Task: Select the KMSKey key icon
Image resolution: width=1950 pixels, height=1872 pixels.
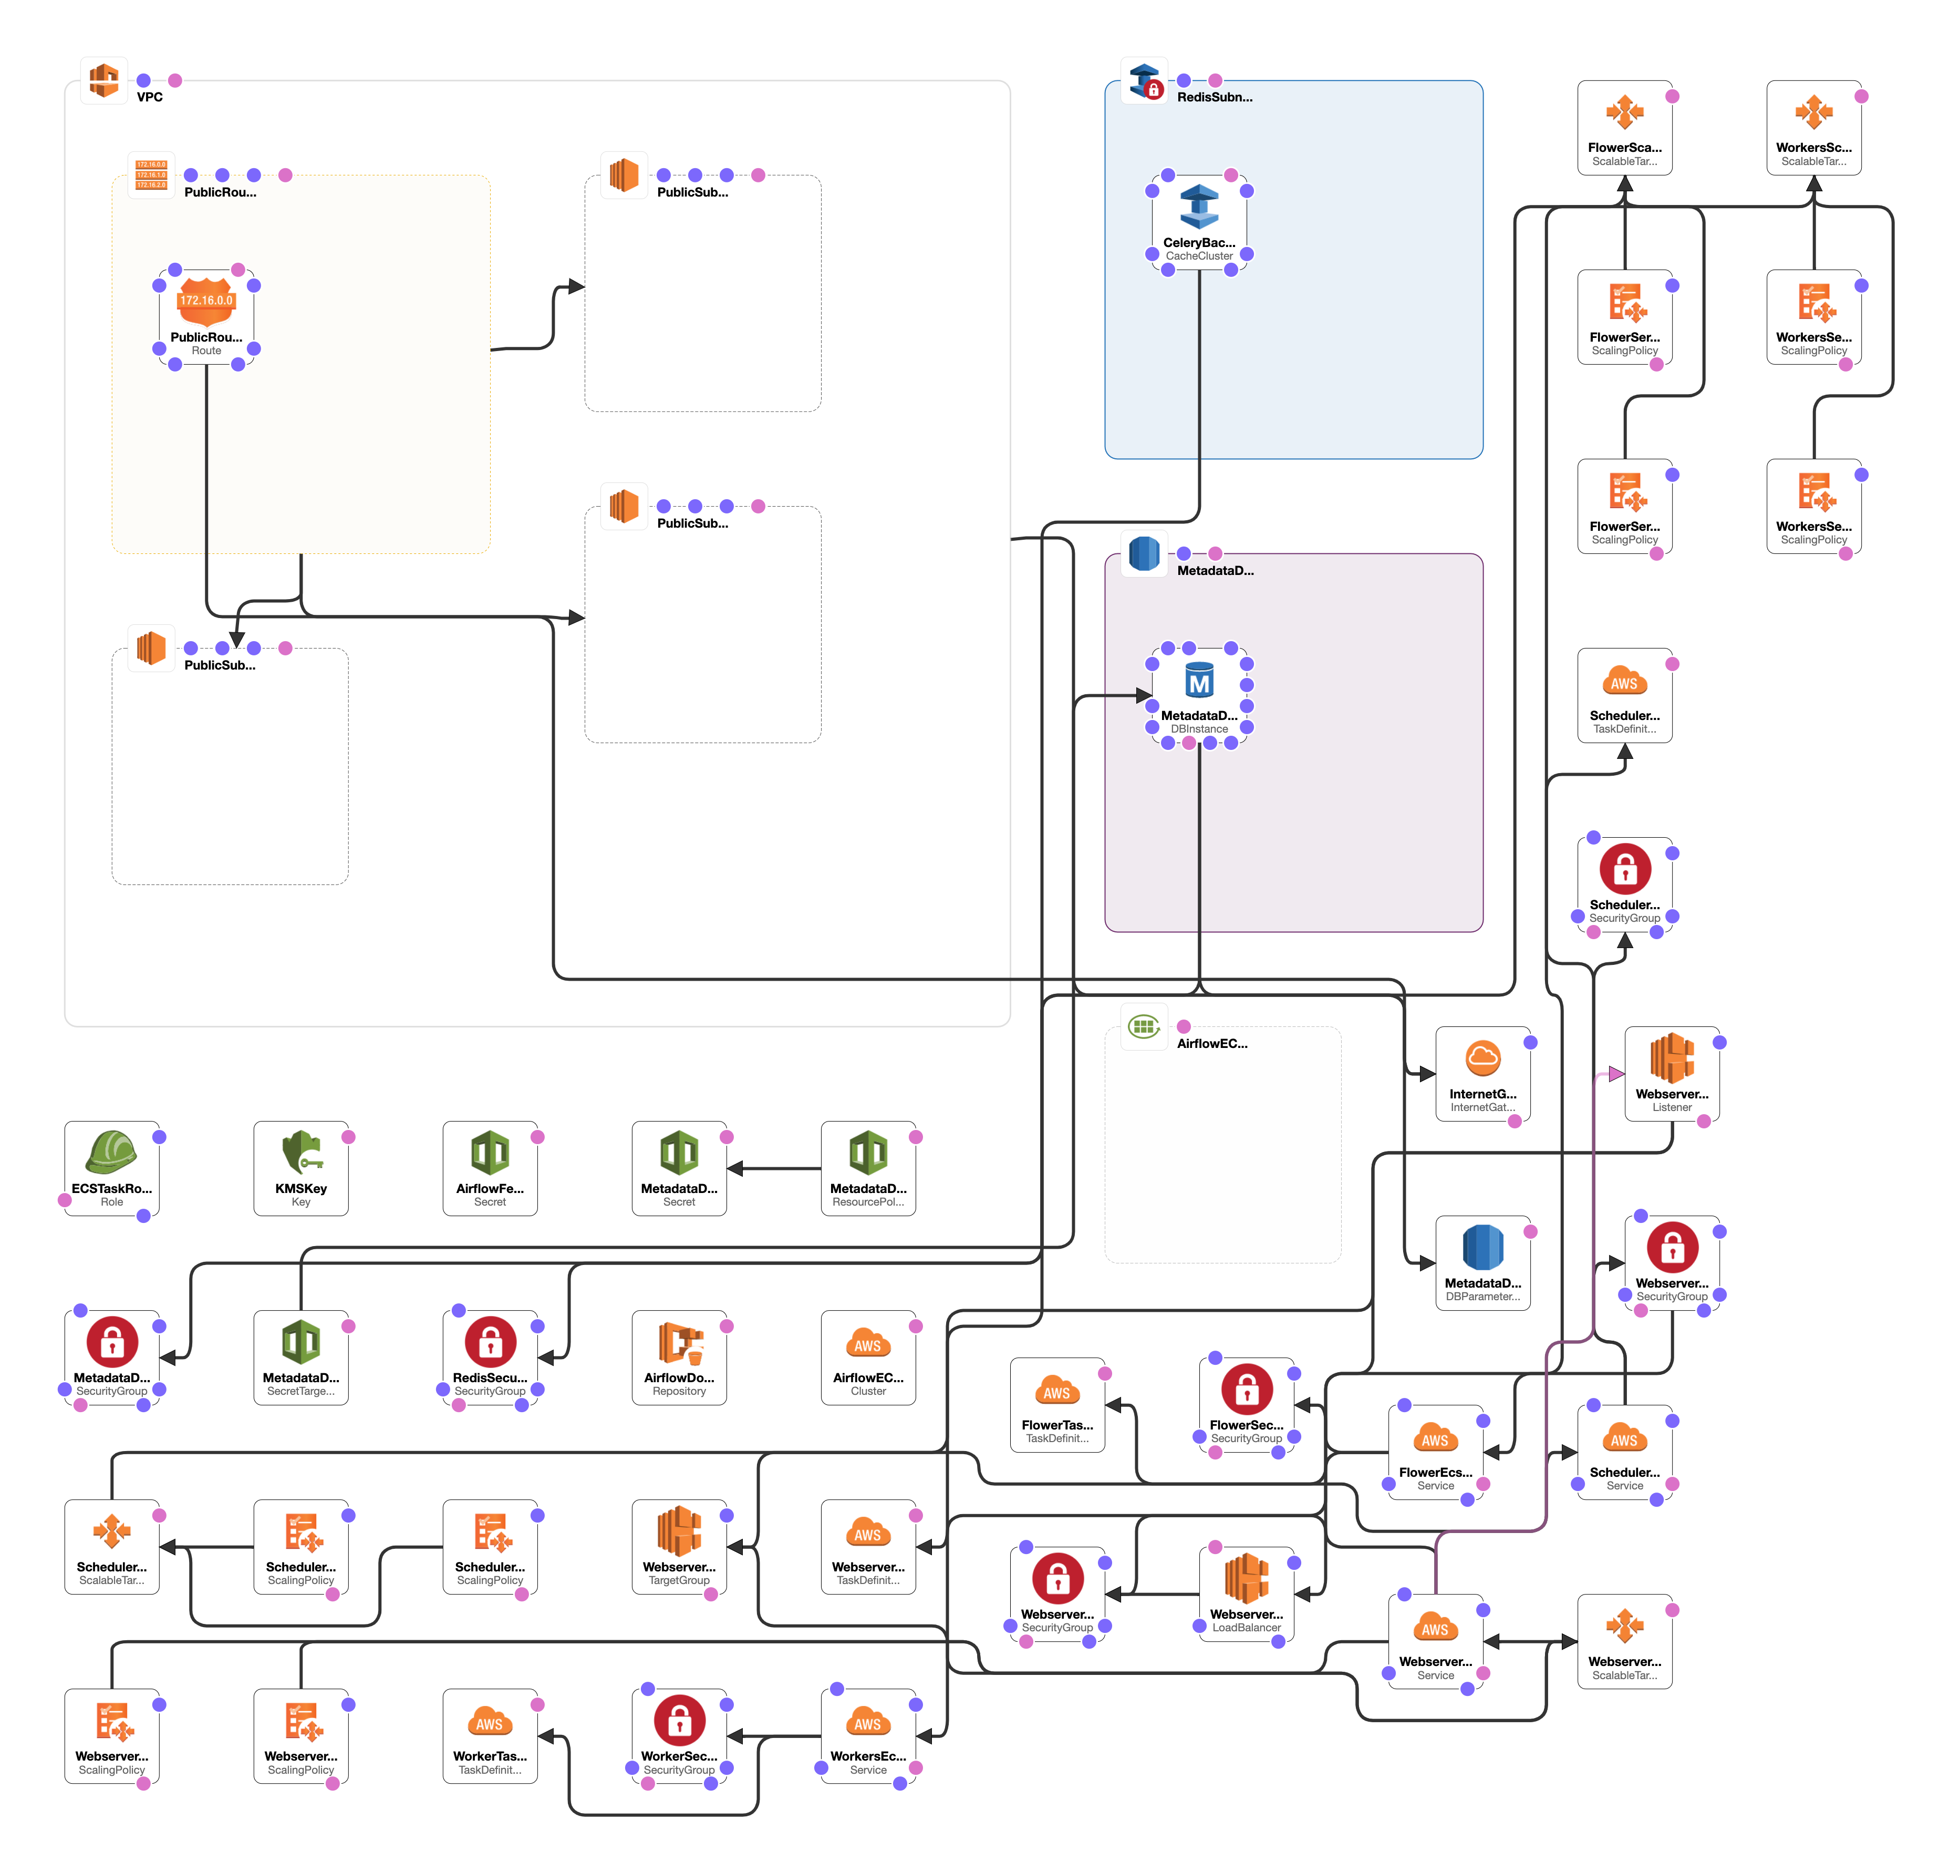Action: tap(300, 1153)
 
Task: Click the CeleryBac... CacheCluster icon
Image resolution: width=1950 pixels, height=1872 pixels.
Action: tap(1199, 207)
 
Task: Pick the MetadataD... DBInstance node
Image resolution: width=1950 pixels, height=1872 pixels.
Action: tap(1199, 695)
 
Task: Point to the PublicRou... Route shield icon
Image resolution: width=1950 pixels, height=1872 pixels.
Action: tap(206, 301)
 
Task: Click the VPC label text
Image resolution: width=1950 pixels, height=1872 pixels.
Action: tap(149, 97)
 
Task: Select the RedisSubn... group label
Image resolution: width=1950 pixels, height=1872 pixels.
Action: tap(1214, 97)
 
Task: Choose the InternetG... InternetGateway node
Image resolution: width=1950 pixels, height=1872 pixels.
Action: tap(1482, 1073)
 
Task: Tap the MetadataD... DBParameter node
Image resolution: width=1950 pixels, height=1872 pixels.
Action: tap(1482, 1262)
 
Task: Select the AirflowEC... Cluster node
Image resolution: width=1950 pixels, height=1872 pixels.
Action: tap(867, 1356)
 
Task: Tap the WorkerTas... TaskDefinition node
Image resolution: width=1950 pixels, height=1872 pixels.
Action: tap(490, 1735)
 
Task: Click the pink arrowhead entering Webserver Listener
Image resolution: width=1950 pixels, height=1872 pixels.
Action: tap(1616, 1074)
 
